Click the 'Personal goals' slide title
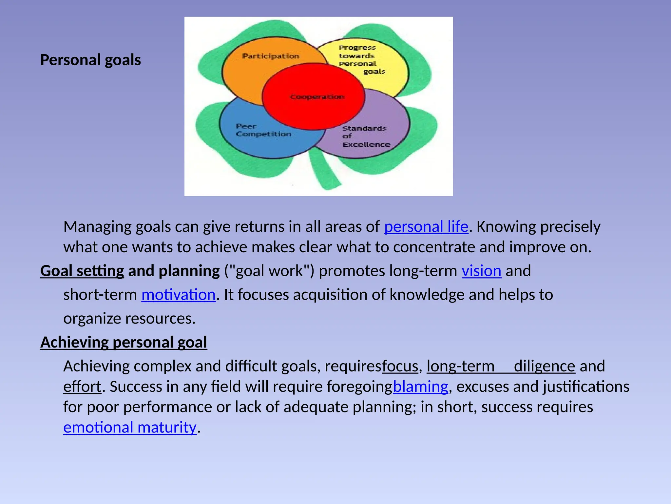[90, 60]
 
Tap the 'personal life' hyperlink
[426, 227]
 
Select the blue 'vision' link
[481, 271]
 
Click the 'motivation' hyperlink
[178, 295]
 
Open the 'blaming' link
[420, 387]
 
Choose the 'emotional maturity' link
[130, 428]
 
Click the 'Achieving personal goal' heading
[124, 342]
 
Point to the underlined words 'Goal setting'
[82, 271]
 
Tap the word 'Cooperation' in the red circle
[317, 97]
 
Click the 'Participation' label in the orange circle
[271, 56]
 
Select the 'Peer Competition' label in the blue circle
[263, 130]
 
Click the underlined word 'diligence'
[544, 366]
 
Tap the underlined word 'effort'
[82, 387]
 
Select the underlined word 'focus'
[400, 366]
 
